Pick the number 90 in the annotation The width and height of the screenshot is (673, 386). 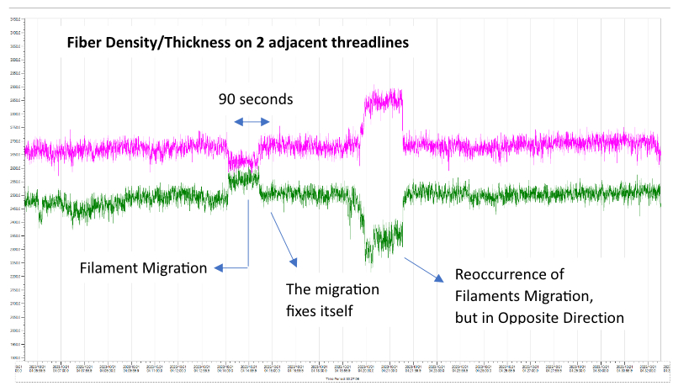click(227, 99)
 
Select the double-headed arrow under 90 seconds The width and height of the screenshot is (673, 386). click(252, 121)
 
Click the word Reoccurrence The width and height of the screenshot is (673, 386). click(507, 275)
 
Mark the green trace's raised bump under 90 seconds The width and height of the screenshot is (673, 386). click(244, 178)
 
